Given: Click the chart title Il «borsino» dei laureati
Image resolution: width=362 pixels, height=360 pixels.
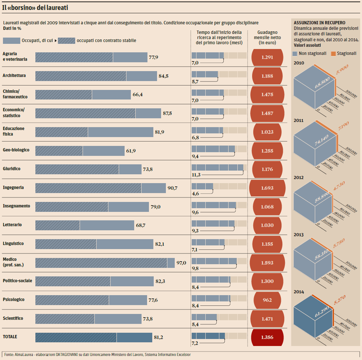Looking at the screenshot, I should [35, 7].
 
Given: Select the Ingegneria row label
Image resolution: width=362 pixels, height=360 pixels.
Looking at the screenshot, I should [13, 188].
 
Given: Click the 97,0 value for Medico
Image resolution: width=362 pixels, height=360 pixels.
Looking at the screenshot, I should [181, 263].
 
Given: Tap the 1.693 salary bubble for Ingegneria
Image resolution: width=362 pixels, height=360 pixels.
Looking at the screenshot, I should [267, 188].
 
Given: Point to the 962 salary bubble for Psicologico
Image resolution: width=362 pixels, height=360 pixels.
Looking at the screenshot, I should [267, 300].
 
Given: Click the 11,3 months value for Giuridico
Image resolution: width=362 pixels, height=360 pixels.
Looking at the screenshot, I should [196, 175].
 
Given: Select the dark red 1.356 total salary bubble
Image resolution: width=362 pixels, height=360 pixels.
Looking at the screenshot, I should [267, 337].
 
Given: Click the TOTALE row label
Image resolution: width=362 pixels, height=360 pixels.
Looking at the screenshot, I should [10, 337].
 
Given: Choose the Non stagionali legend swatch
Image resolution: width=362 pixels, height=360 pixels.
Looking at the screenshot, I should [295, 53].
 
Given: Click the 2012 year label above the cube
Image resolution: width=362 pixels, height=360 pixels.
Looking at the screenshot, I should [299, 178].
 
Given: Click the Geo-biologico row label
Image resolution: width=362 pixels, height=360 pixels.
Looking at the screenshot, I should [16, 150].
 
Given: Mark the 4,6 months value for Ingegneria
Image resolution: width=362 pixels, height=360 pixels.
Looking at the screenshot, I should [195, 193].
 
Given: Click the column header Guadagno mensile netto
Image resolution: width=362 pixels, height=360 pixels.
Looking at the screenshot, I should [267, 38].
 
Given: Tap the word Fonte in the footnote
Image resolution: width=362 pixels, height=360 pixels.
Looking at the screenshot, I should [9, 354].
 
